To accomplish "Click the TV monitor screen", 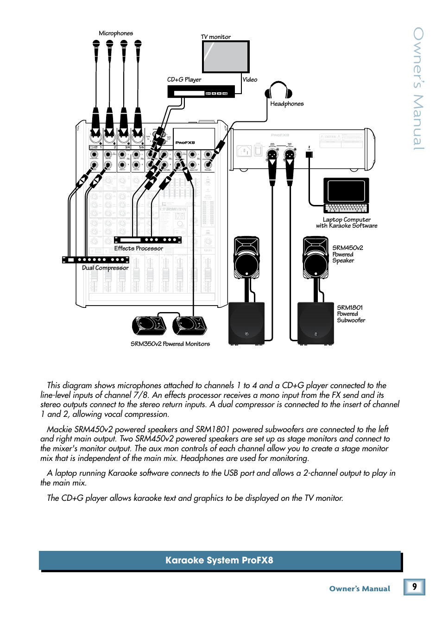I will [226, 57].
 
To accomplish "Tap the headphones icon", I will [278, 90].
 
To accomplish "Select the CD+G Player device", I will [201, 92].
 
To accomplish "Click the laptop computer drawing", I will [346, 195].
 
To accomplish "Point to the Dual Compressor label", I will [105, 268].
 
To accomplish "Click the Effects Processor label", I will [139, 249].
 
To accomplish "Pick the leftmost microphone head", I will [96, 45].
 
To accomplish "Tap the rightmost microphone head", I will [138, 45].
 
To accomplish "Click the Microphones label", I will [116, 33].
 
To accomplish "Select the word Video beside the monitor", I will [250, 80].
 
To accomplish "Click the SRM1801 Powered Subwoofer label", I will [351, 314].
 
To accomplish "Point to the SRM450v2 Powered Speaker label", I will [347, 254].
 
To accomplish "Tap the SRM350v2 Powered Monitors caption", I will [170, 344].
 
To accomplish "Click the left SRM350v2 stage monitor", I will [149, 325].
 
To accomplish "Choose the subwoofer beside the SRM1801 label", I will [316, 323].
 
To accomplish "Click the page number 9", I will [414, 587].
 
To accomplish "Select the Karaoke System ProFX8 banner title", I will [219, 560].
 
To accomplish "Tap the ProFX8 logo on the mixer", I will [185, 143].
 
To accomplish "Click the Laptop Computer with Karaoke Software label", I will [347, 223].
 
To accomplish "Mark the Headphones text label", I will [287, 104].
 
